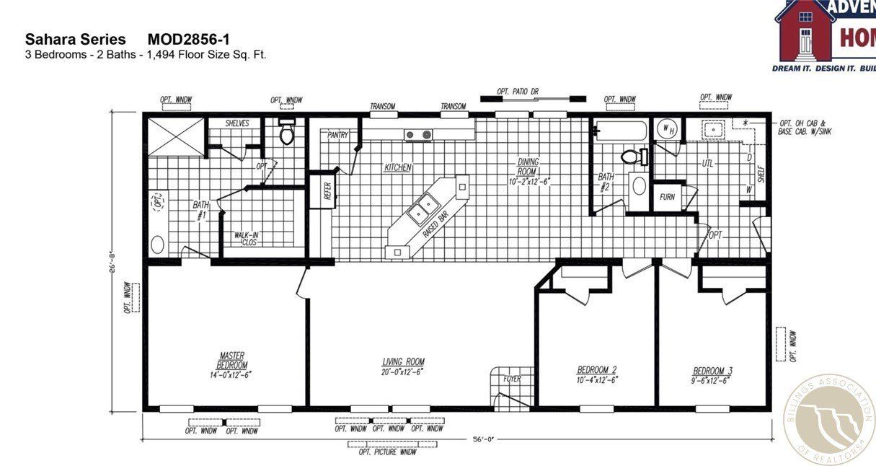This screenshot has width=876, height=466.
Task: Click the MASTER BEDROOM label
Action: pos(231,360)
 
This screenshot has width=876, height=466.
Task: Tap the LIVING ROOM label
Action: pos(402,362)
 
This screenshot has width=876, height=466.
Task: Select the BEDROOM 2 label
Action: pos(596,370)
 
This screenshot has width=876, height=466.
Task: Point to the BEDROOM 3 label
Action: pos(712,370)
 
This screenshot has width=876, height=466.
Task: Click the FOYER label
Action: pos(511,379)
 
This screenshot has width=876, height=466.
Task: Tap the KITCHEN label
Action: pos(397,167)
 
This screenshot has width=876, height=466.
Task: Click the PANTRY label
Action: pos(338,135)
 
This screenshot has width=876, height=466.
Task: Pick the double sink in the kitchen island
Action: pos(421,209)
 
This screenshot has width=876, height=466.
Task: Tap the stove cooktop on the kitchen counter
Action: pos(417,134)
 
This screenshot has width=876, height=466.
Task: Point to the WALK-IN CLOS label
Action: pos(247,239)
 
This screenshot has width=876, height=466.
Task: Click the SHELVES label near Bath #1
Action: pos(236,123)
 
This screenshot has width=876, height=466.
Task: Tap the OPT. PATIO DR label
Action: pos(518,92)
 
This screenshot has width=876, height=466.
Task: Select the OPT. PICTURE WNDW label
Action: pos(387,452)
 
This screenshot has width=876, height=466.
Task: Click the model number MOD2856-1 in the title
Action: pos(189,39)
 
